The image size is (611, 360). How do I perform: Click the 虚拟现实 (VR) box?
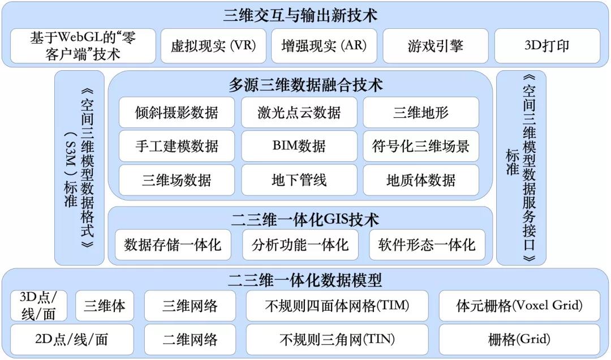click(x=213, y=46)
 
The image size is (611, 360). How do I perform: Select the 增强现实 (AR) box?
click(x=324, y=46)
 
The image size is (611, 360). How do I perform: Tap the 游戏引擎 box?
click(x=436, y=46)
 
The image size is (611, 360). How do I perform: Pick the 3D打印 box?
click(x=547, y=46)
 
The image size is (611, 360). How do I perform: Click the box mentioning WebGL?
click(x=83, y=46)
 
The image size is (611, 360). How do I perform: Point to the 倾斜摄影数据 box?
click(x=177, y=112)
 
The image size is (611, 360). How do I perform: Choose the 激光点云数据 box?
click(x=299, y=112)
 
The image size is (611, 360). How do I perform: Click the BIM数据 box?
click(x=299, y=146)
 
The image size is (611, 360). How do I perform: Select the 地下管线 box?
click(x=299, y=180)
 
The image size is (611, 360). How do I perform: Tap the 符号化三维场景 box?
click(x=421, y=146)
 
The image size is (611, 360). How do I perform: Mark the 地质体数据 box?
click(x=421, y=180)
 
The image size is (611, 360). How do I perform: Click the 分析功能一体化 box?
click(x=300, y=245)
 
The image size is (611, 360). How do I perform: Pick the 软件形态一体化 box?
click(x=427, y=245)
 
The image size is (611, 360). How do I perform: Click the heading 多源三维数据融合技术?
click(x=305, y=85)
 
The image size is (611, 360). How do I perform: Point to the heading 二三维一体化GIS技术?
click(x=305, y=220)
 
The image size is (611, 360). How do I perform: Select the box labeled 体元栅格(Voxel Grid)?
click(x=519, y=306)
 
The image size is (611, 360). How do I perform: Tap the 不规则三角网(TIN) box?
click(x=337, y=339)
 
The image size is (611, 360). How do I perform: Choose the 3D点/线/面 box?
click(x=38, y=306)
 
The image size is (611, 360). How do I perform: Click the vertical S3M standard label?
click(x=80, y=168)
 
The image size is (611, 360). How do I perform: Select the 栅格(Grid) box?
click(x=519, y=339)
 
